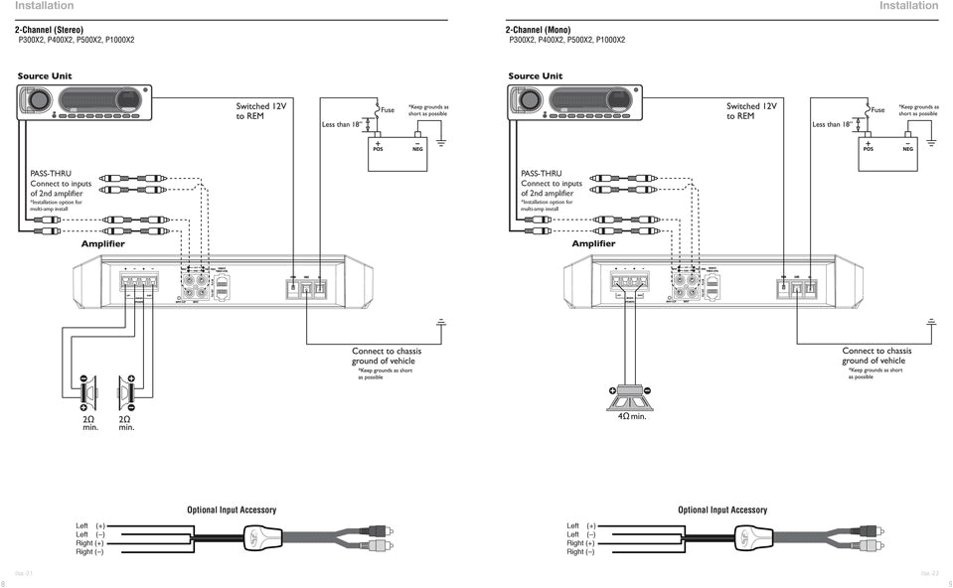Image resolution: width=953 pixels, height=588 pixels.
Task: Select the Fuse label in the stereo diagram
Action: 388,110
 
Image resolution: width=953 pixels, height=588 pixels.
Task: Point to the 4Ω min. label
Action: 632,416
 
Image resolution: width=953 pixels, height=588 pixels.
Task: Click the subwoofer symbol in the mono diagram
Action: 632,395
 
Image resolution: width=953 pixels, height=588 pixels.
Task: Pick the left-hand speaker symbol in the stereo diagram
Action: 87,395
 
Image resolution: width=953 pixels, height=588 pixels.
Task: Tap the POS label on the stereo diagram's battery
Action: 378,149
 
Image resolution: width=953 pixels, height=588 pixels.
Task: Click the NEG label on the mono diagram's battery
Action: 907,149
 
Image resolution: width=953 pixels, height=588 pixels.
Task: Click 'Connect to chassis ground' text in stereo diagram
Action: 387,356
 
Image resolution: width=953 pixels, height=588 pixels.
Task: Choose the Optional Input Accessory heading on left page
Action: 232,510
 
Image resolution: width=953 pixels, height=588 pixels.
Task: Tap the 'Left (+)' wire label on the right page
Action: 580,525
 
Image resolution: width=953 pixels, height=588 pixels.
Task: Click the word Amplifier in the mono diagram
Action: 593,243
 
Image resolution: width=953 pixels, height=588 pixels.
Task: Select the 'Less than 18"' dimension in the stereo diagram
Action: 343,125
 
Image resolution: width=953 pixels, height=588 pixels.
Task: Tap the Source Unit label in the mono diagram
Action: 535,76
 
